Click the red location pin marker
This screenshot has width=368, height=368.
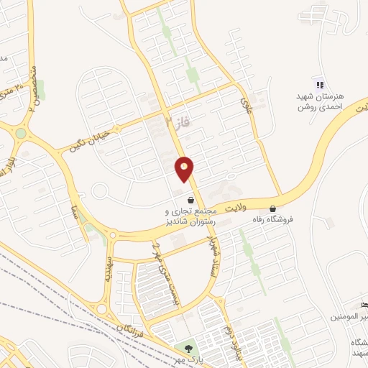coord(185,170)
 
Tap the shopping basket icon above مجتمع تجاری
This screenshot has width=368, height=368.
coord(190,201)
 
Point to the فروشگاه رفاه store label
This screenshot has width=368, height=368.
coord(287,212)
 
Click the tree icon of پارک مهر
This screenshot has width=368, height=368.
coord(188,348)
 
